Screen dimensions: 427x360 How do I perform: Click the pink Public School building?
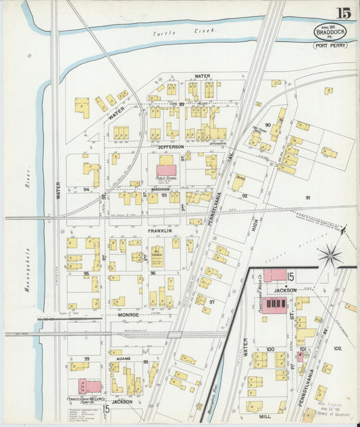point(166,170)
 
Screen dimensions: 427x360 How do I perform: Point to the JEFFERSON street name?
point(171,146)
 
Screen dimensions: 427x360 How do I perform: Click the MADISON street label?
point(160,189)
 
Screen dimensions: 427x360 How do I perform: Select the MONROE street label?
point(128,315)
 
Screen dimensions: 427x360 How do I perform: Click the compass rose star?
point(330,255)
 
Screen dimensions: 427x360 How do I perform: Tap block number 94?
point(86,190)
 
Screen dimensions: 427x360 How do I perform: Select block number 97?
point(211,302)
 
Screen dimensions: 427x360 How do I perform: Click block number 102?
point(338,349)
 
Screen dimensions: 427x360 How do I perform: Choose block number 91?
point(307,198)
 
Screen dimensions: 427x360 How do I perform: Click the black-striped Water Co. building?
point(274,305)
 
